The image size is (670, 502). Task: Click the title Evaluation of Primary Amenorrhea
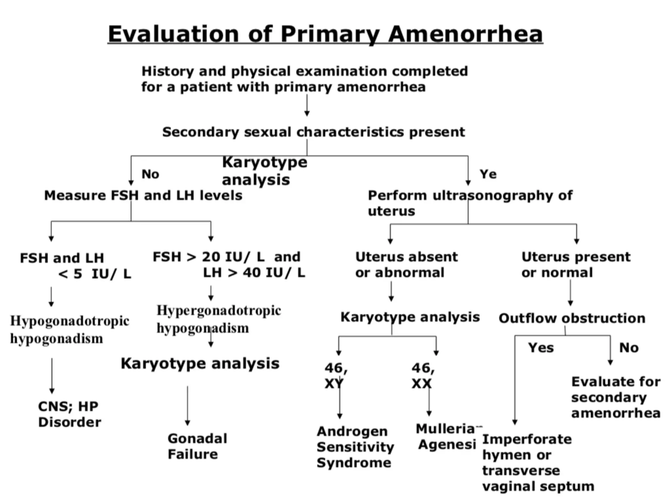(325, 34)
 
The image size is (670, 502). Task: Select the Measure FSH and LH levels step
(143, 195)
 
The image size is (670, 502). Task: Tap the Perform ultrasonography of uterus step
(470, 203)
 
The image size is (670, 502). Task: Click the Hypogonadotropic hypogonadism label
(70, 329)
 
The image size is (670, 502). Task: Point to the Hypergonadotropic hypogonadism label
(219, 319)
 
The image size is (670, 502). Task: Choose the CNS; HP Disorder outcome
(69, 414)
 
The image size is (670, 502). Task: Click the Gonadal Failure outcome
(197, 446)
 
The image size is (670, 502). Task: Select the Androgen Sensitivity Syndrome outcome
(355, 447)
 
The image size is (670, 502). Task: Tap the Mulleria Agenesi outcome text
(447, 437)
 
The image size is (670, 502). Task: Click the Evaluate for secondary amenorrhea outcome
(616, 397)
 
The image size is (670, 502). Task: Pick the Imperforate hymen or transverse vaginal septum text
(538, 462)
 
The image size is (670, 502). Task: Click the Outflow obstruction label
(572, 318)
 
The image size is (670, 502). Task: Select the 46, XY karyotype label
(336, 376)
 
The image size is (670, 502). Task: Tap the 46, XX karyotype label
(423, 376)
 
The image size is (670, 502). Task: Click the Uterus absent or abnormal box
(406, 264)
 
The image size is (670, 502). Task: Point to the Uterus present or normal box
(576, 264)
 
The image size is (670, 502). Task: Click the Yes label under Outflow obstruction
(541, 348)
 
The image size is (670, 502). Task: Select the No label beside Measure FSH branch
(150, 174)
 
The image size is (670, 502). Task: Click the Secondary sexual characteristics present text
(313, 132)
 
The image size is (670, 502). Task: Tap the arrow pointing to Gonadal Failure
(187, 405)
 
